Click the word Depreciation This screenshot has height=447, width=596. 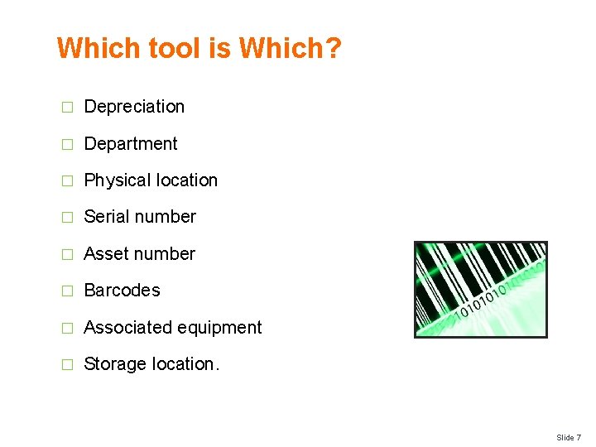tap(134, 107)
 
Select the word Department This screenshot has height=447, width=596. tap(131, 144)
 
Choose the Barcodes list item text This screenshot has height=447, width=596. tap(122, 291)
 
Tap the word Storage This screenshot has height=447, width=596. tap(114, 364)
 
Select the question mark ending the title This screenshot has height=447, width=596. tap(332, 48)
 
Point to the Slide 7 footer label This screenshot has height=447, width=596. tap(568, 437)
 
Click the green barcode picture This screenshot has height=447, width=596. tap(480, 289)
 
